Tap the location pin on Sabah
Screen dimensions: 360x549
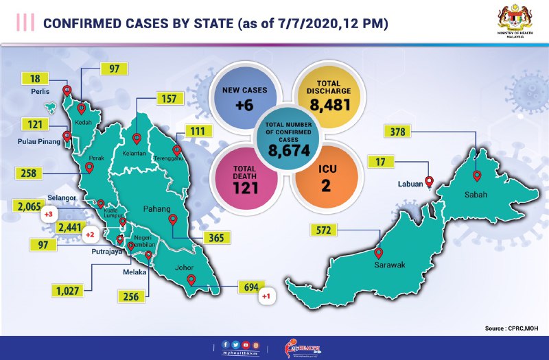point(477,176)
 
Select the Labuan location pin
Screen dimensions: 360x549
point(430,182)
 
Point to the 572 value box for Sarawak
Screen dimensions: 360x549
point(320,230)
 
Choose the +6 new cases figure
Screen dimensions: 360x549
point(245,106)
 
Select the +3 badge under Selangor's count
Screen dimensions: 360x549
point(49,215)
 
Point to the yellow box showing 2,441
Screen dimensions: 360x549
point(71,227)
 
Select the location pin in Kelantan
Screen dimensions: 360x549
point(137,139)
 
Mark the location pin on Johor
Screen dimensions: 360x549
point(191,280)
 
